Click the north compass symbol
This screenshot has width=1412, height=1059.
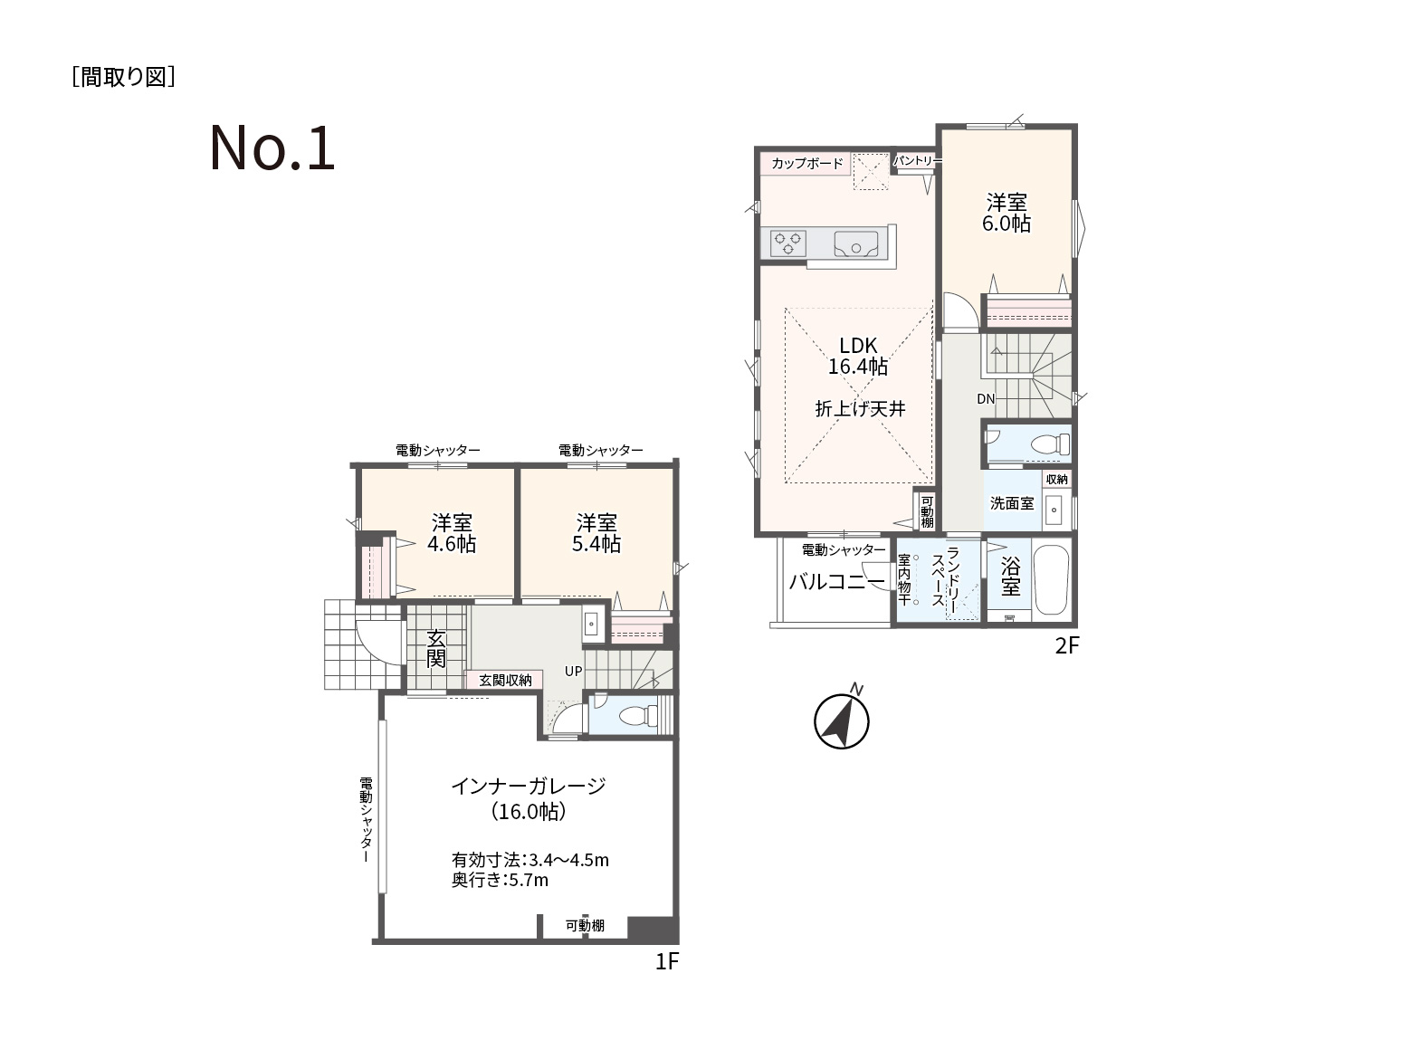click(842, 720)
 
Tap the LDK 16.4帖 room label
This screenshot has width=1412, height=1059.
click(858, 357)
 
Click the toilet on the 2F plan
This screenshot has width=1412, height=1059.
click(1050, 444)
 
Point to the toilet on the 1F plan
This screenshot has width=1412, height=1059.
click(637, 715)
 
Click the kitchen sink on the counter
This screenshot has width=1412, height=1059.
click(855, 244)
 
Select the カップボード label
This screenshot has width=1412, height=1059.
click(807, 163)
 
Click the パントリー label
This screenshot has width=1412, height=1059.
click(915, 160)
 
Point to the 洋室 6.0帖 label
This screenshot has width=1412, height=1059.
click(1007, 213)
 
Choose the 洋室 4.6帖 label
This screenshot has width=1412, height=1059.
click(452, 533)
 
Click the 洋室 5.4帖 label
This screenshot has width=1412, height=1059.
click(596, 533)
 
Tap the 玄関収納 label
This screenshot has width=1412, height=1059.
click(506, 681)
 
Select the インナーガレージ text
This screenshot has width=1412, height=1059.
click(528, 786)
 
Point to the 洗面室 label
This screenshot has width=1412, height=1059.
click(1012, 503)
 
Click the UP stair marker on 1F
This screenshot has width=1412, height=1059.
click(573, 672)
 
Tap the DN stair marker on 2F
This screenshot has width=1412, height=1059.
click(986, 398)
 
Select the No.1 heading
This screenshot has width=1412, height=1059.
click(272, 148)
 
